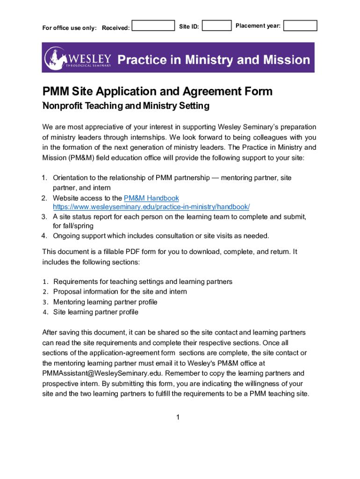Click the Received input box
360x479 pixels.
pyautogui.click(x=153, y=25)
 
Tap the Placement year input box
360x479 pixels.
pyautogui.click(x=300, y=25)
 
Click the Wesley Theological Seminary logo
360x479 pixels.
pyautogui.click(x=78, y=58)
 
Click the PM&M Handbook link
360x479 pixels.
pyautogui.click(x=151, y=198)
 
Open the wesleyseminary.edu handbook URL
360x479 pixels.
pyautogui.click(x=151, y=207)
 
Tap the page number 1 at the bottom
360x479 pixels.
pyautogui.click(x=178, y=417)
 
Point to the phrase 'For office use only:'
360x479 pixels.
pyautogui.click(x=70, y=28)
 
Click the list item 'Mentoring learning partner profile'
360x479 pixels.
pyautogui.click(x=105, y=302)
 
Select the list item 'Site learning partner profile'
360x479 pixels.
pyautogui.click(x=95, y=312)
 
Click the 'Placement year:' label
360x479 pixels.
pyautogui.click(x=258, y=26)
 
